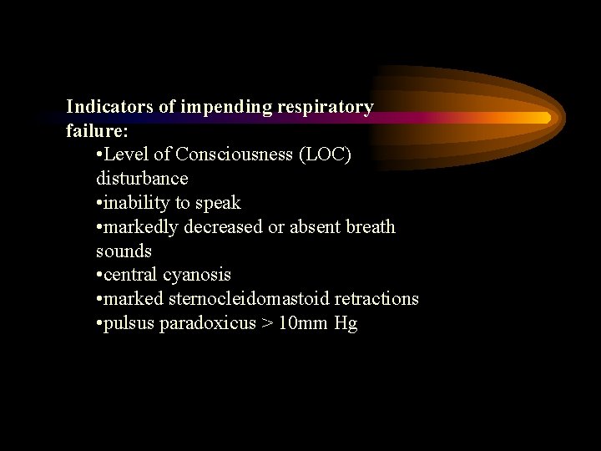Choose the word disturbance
coord(142,179)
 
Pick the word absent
coord(311,227)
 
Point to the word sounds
coord(124,251)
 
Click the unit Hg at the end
coord(346,324)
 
